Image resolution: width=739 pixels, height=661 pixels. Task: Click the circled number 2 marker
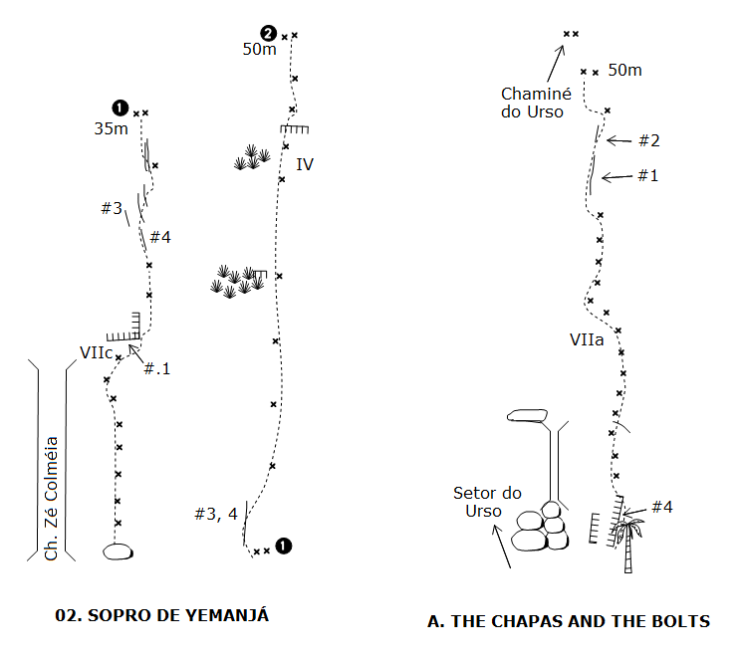(267, 33)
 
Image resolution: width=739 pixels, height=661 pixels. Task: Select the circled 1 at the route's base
(284, 546)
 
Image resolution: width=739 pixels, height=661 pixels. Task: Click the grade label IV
(305, 163)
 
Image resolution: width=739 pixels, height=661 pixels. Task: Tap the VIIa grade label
(587, 339)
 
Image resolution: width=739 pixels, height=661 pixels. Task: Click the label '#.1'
(157, 368)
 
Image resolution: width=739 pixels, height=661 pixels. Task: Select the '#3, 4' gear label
(216, 514)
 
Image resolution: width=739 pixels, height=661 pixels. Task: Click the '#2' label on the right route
(649, 140)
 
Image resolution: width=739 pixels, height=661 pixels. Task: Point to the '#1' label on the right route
(648, 175)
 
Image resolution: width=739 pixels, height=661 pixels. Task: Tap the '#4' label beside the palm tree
(662, 507)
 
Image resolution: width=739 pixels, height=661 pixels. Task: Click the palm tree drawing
(627, 537)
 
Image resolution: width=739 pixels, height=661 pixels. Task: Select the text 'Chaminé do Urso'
(532, 103)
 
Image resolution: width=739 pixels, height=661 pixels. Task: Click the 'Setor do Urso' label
(487, 501)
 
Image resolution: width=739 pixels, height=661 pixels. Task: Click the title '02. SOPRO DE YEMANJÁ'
(162, 615)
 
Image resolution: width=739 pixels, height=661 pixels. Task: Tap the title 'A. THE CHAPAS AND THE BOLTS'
(569, 621)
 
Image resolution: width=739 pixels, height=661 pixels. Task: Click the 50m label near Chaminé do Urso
(624, 70)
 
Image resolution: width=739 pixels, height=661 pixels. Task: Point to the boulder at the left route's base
(118, 551)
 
